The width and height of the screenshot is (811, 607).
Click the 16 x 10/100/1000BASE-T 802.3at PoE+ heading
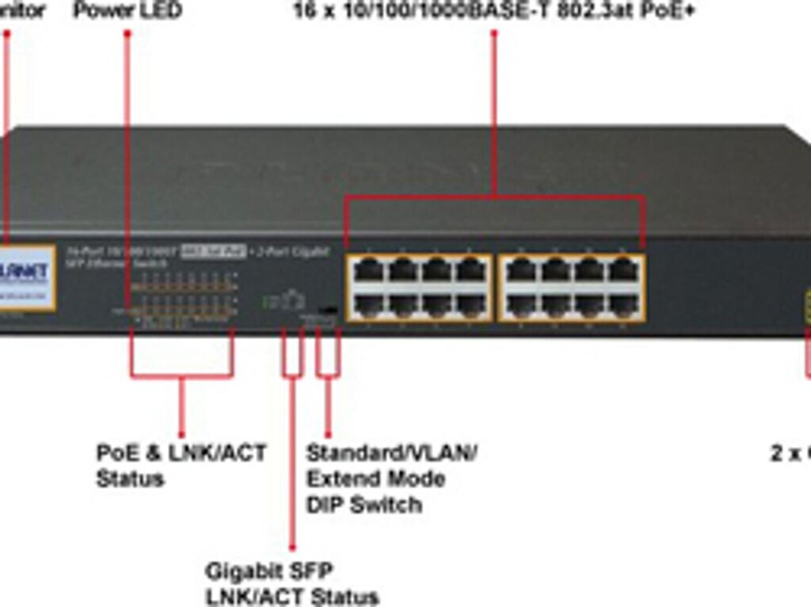click(493, 11)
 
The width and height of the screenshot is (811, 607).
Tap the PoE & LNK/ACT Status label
click(181, 465)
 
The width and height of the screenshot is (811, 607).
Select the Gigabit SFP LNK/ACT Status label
click(291, 583)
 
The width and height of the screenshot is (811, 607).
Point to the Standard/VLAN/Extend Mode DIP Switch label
click(391, 479)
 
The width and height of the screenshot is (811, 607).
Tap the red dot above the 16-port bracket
click(493, 32)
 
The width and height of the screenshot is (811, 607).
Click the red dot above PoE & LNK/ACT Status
click(181, 435)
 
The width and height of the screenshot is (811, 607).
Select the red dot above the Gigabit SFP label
click(292, 547)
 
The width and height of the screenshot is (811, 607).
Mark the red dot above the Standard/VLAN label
click(328, 434)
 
